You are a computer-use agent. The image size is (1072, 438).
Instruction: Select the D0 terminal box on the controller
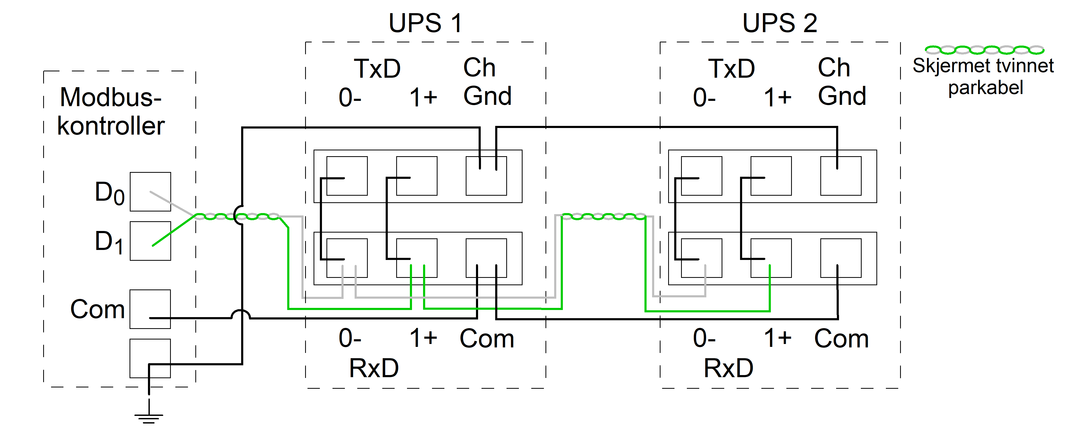coord(150,191)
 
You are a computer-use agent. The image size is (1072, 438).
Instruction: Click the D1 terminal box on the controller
coord(150,241)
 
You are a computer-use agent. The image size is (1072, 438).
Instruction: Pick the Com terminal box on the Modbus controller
coord(150,309)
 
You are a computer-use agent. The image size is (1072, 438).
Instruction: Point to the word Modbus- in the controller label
coord(111,97)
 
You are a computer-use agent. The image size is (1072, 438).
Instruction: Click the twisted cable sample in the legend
coord(985,50)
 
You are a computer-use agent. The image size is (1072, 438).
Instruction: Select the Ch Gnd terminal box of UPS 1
coord(486,176)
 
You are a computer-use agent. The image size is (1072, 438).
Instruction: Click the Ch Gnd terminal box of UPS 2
coord(841,176)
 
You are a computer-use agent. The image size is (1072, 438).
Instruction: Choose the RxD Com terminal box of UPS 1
coord(486,258)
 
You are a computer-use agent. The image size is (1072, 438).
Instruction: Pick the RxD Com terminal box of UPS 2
coord(841,258)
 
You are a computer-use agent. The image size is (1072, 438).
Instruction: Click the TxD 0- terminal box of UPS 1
coord(347,176)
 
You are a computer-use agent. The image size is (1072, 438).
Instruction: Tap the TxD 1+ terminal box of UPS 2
coord(771,176)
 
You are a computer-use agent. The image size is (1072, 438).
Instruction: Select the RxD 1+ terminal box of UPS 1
coord(416,258)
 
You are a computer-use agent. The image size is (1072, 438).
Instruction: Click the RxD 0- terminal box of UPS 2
coord(701,258)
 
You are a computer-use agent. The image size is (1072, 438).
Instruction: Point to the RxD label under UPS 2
coord(728,368)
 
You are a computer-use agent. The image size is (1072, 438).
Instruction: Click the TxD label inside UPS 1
coord(377,69)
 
